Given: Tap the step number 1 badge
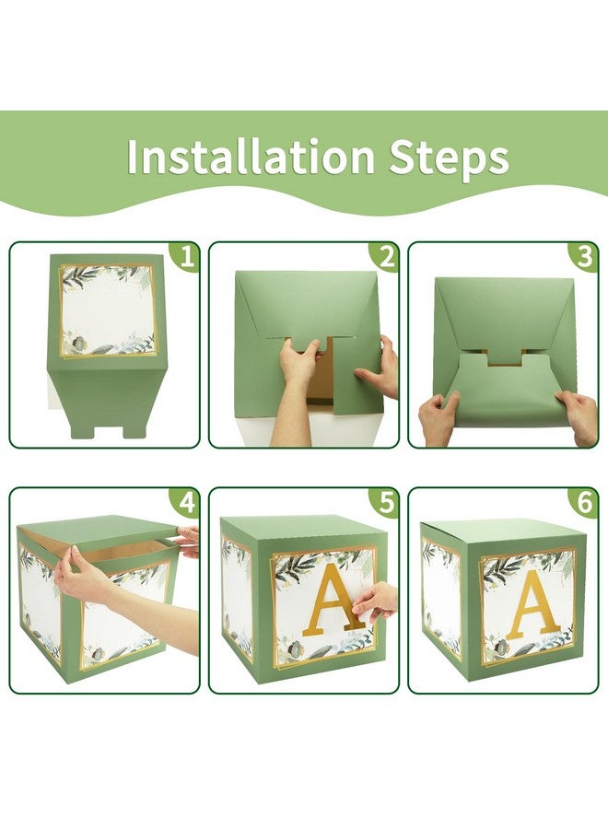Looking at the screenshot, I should click(x=188, y=258).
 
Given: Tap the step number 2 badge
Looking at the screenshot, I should click(x=386, y=258).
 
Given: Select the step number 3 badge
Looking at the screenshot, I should click(x=584, y=258).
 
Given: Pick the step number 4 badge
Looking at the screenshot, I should click(x=188, y=503).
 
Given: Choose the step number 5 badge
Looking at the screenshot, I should click(x=386, y=503).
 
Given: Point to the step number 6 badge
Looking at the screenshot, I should click(x=584, y=503).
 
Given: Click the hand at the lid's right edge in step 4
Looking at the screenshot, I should click(x=188, y=542).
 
